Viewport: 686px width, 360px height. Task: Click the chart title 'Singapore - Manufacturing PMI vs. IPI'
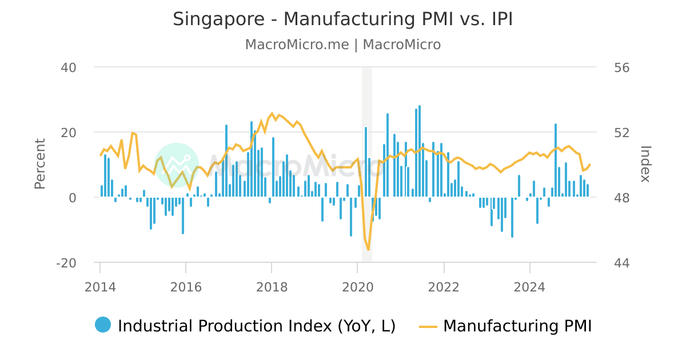click(343, 19)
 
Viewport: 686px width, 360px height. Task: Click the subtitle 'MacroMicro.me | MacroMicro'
click(343, 45)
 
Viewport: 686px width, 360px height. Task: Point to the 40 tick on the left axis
click(69, 67)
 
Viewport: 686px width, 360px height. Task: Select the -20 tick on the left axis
click(66, 263)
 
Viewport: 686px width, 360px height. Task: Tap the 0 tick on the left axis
click(73, 198)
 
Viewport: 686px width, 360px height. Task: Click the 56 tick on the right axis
click(616, 67)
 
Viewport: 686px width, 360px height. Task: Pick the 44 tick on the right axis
click(616, 263)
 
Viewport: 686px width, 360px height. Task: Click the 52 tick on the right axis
click(616, 133)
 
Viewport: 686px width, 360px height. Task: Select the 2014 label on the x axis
click(100, 287)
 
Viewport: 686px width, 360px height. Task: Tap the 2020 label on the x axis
click(358, 287)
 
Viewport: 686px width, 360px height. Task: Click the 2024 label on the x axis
click(530, 287)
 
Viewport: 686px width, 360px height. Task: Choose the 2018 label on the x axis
click(272, 287)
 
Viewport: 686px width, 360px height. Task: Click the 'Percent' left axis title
click(40, 164)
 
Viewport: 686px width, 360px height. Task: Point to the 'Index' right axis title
click(645, 164)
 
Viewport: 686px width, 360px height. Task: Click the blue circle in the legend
click(103, 325)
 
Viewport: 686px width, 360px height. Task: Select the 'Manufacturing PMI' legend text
click(517, 326)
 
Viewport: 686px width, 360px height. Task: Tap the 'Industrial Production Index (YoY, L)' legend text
click(257, 326)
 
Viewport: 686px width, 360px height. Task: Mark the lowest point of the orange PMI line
click(369, 250)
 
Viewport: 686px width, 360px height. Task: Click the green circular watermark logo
click(177, 165)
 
